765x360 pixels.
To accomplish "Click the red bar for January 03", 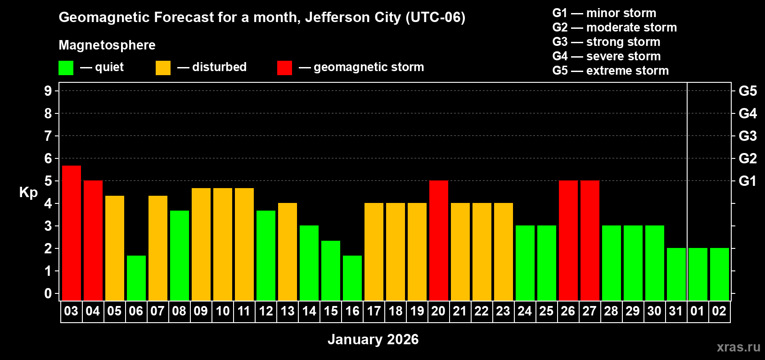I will (72, 233).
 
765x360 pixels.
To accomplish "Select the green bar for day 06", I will (136, 278).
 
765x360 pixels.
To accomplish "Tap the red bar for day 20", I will (439, 240).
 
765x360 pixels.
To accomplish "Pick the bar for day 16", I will (352, 278).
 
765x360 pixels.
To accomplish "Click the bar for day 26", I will (568, 240).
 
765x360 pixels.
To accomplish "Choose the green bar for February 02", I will (720, 274).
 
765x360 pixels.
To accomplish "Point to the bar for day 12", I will (266, 255).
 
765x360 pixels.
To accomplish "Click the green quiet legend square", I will (66, 68).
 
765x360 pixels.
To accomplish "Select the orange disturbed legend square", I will (163, 68).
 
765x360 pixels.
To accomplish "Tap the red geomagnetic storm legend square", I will (284, 68).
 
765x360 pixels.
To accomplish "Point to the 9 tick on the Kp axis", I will (48, 91).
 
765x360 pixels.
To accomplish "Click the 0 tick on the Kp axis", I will (48, 293).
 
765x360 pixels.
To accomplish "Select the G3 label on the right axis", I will (747, 136).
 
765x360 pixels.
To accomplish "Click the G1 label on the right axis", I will (747, 181).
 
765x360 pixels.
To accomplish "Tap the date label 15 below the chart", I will (331, 311).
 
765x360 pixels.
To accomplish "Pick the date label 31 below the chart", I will (676, 311).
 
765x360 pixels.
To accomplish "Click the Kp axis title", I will (28, 192).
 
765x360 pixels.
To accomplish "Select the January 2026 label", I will (373, 339).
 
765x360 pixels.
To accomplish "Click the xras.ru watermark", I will (738, 347).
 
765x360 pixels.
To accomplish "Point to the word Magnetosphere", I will (107, 45).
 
